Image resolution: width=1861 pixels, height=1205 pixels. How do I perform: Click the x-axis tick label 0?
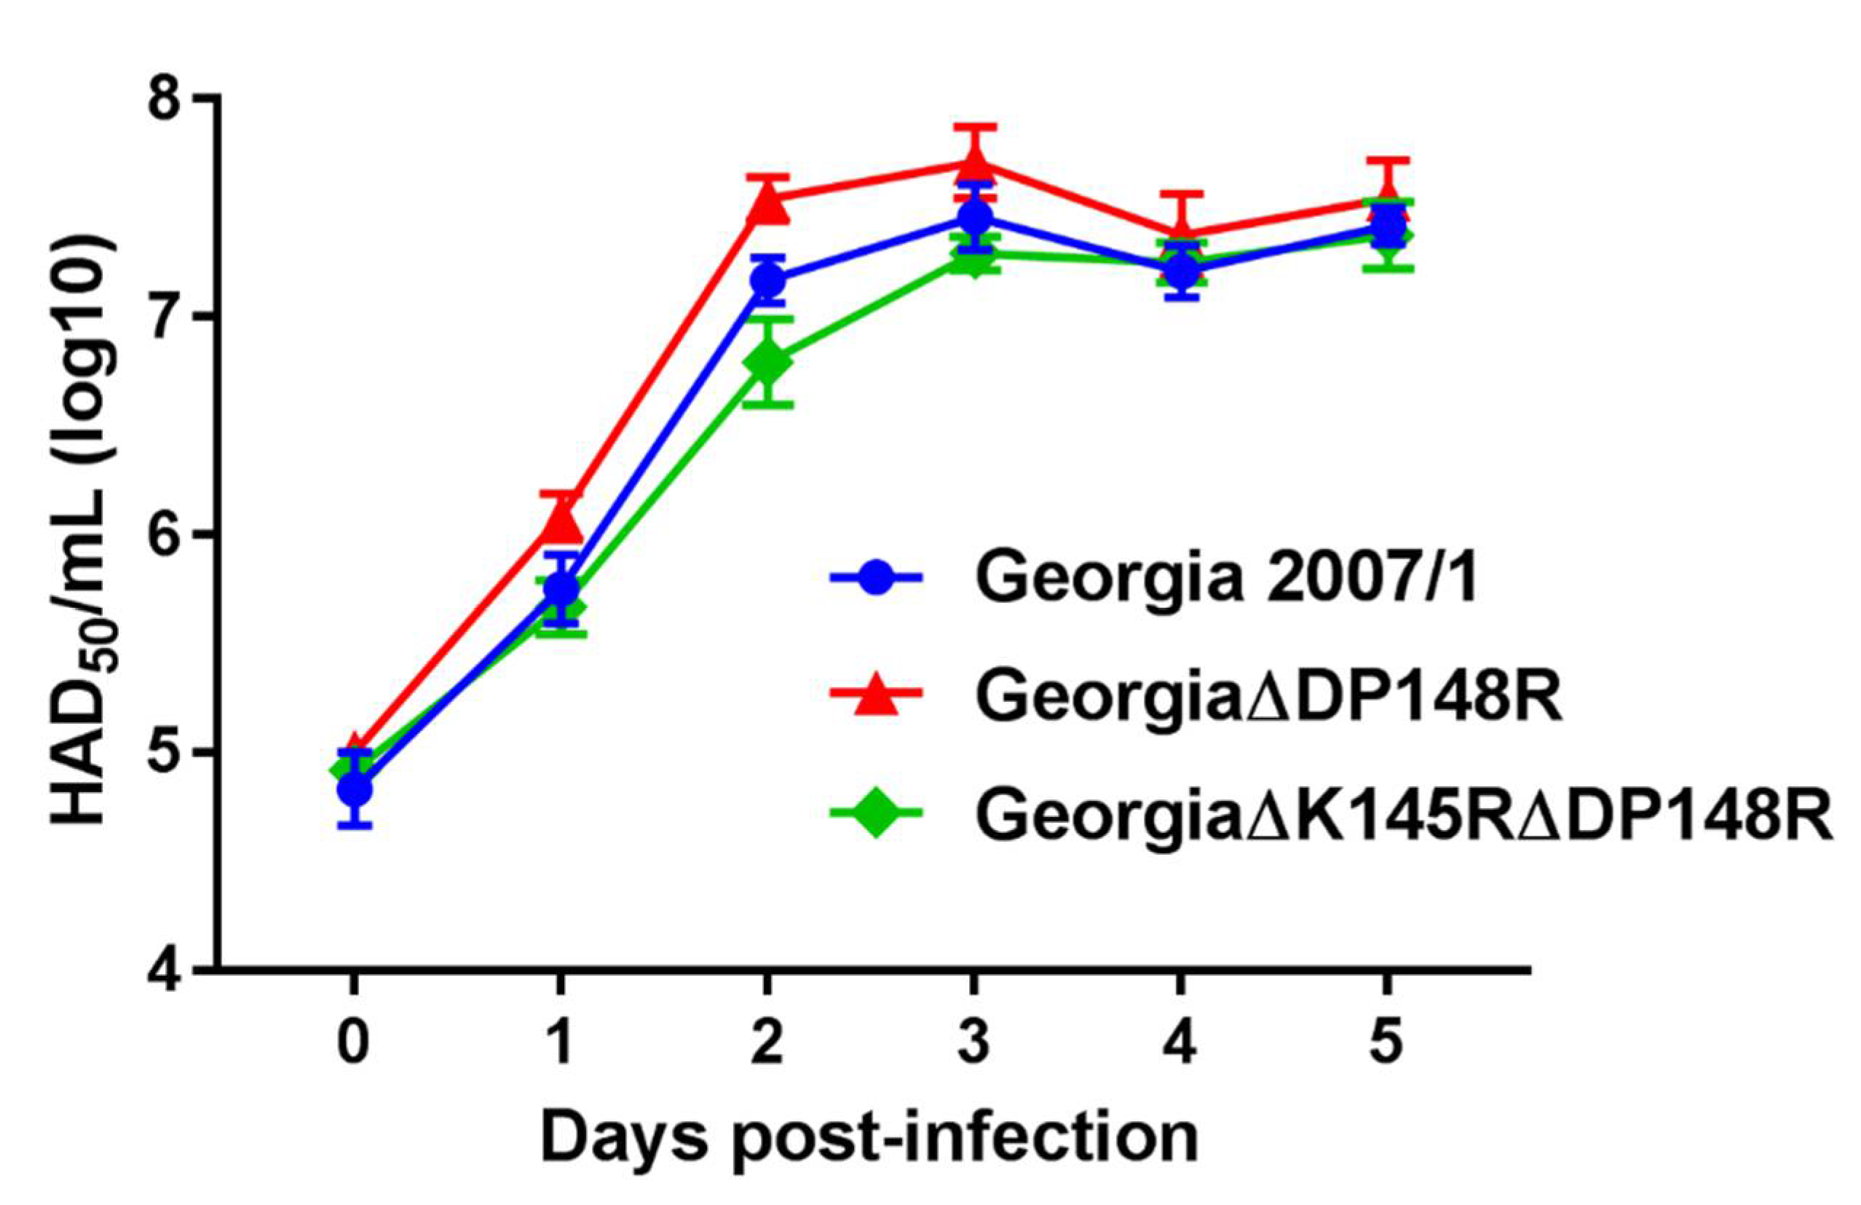tap(354, 1045)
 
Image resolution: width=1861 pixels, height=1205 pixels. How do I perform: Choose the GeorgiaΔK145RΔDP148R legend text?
tap(1404, 815)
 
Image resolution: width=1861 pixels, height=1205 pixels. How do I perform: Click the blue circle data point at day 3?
tap(974, 216)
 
